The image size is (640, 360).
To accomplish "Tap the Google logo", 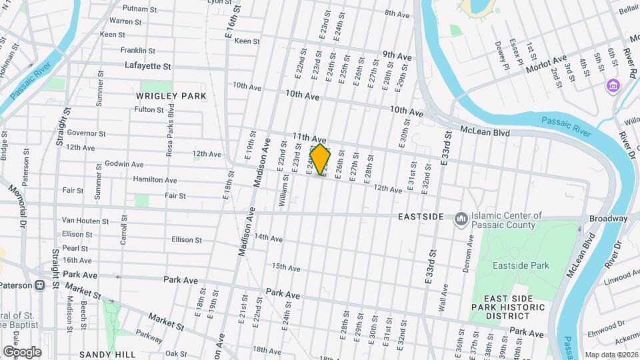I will tap(22, 351).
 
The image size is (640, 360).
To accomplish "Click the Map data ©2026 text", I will tap(611, 355).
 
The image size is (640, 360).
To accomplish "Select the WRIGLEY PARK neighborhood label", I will tap(171, 96).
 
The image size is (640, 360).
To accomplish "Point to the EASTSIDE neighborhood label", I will tap(421, 217).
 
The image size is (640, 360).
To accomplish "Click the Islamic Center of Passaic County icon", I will tap(461, 219).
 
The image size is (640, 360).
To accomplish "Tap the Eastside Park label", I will tap(521, 265).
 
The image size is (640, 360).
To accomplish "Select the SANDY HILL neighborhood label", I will tap(107, 355).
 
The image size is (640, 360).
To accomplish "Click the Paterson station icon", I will tap(40, 285).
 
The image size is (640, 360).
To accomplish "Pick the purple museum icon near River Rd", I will tap(613, 86).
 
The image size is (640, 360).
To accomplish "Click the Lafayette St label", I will tap(148, 66).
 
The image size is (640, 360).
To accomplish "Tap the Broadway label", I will tap(608, 219).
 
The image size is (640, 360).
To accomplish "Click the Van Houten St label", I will tap(85, 221).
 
